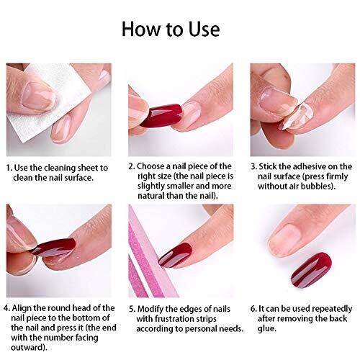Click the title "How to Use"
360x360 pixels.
pyautogui.click(x=171, y=29)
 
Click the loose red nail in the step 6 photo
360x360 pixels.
pyautogui.click(x=311, y=270)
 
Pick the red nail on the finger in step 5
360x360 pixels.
pyautogui.click(x=176, y=255)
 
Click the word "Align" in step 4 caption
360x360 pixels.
pyautogui.click(x=22, y=308)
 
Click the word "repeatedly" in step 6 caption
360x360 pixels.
pyautogui.click(x=333, y=309)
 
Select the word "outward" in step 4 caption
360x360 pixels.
pyautogui.click(x=27, y=347)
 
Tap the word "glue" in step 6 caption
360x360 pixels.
pyautogui.click(x=266, y=328)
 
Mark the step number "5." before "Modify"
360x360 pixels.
pyautogui.click(x=132, y=309)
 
